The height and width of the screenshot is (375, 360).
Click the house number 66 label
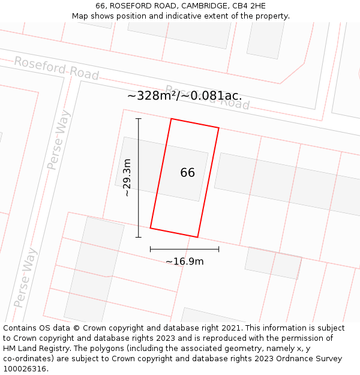click(187, 173)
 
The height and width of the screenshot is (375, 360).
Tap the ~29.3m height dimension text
click(127, 178)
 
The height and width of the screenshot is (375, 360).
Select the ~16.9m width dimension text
click(185, 261)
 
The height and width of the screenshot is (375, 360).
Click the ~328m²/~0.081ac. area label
click(185, 96)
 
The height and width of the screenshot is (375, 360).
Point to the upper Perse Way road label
click(59, 140)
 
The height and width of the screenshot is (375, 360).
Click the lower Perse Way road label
click(25, 277)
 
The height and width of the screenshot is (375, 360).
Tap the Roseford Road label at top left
click(56, 68)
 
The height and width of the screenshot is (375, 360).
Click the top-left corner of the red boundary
click(172, 119)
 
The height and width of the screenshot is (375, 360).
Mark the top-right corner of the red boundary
click(218, 128)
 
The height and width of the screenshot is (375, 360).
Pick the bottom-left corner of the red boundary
click(151, 228)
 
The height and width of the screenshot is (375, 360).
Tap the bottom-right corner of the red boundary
click(197, 237)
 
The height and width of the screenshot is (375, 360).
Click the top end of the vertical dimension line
click(139, 119)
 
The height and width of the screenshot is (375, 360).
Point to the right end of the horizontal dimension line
click(218, 248)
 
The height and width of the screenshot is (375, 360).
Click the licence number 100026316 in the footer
click(26, 369)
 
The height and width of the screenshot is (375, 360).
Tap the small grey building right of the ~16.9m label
click(273, 263)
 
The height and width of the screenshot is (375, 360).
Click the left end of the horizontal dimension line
click(151, 248)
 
